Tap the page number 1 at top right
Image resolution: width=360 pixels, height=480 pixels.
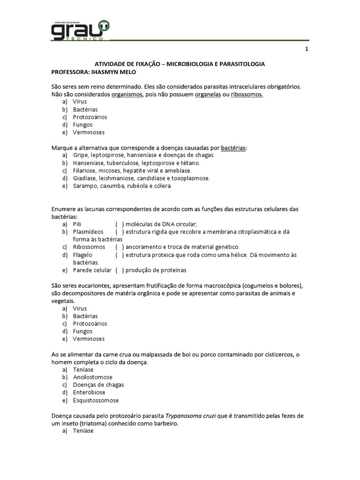tap(306, 50)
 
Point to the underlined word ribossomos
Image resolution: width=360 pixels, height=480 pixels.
tap(247, 94)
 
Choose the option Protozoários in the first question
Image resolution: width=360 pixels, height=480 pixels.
tap(90, 117)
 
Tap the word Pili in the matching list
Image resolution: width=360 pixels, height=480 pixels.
tap(77, 225)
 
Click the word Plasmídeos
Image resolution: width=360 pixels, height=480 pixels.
tap(88, 232)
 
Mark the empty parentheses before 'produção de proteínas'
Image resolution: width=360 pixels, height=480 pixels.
tap(119, 270)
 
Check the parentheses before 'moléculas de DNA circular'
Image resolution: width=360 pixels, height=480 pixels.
tap(119, 225)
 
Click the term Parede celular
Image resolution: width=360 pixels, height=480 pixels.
tap(92, 270)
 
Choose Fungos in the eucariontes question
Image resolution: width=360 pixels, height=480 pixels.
tap(82, 331)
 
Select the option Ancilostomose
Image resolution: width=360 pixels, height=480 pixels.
tap(92, 377)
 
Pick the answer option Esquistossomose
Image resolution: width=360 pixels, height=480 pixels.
tap(96, 400)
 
